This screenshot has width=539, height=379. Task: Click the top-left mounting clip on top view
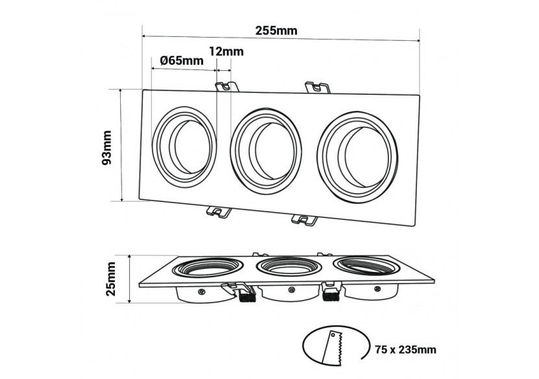click(225, 86)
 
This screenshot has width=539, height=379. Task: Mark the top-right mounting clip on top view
click(316, 86)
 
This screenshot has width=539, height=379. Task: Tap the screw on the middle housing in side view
click(288, 291)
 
